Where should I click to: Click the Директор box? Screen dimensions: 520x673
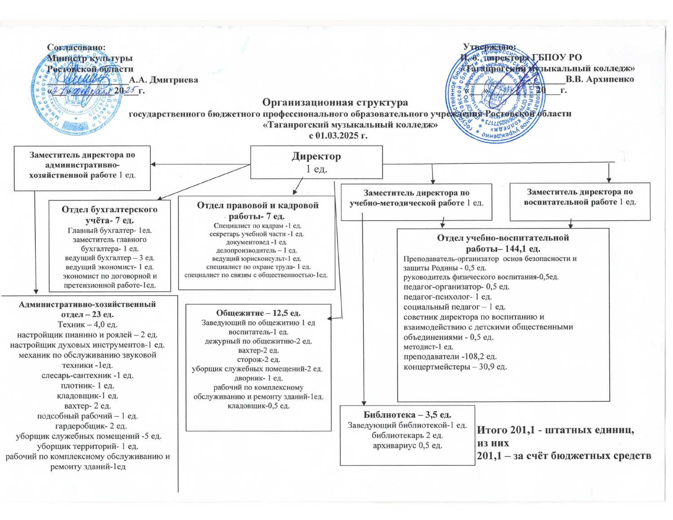316,162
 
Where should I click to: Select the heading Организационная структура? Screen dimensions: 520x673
335,103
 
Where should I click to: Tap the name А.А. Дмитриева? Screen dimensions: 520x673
164,80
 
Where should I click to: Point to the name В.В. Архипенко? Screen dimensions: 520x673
600,79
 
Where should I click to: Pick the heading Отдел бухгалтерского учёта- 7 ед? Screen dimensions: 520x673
109,214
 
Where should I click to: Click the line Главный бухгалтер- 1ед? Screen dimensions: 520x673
109,231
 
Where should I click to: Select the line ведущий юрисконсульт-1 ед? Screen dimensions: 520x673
257,258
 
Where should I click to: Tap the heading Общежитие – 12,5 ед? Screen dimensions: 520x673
258,313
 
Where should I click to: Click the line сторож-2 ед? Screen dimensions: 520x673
258,359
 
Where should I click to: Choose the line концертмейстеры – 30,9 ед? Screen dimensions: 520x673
455,367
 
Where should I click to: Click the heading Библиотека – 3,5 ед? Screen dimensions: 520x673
407,415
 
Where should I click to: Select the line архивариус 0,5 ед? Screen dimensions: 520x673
407,446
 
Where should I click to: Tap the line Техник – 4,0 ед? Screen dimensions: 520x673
87,324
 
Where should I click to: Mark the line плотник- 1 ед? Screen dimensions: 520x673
87,385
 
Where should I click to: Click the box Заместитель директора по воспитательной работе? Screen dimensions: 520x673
580,197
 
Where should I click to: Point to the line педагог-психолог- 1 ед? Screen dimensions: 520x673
447,297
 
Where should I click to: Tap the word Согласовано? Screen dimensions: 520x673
77,47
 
